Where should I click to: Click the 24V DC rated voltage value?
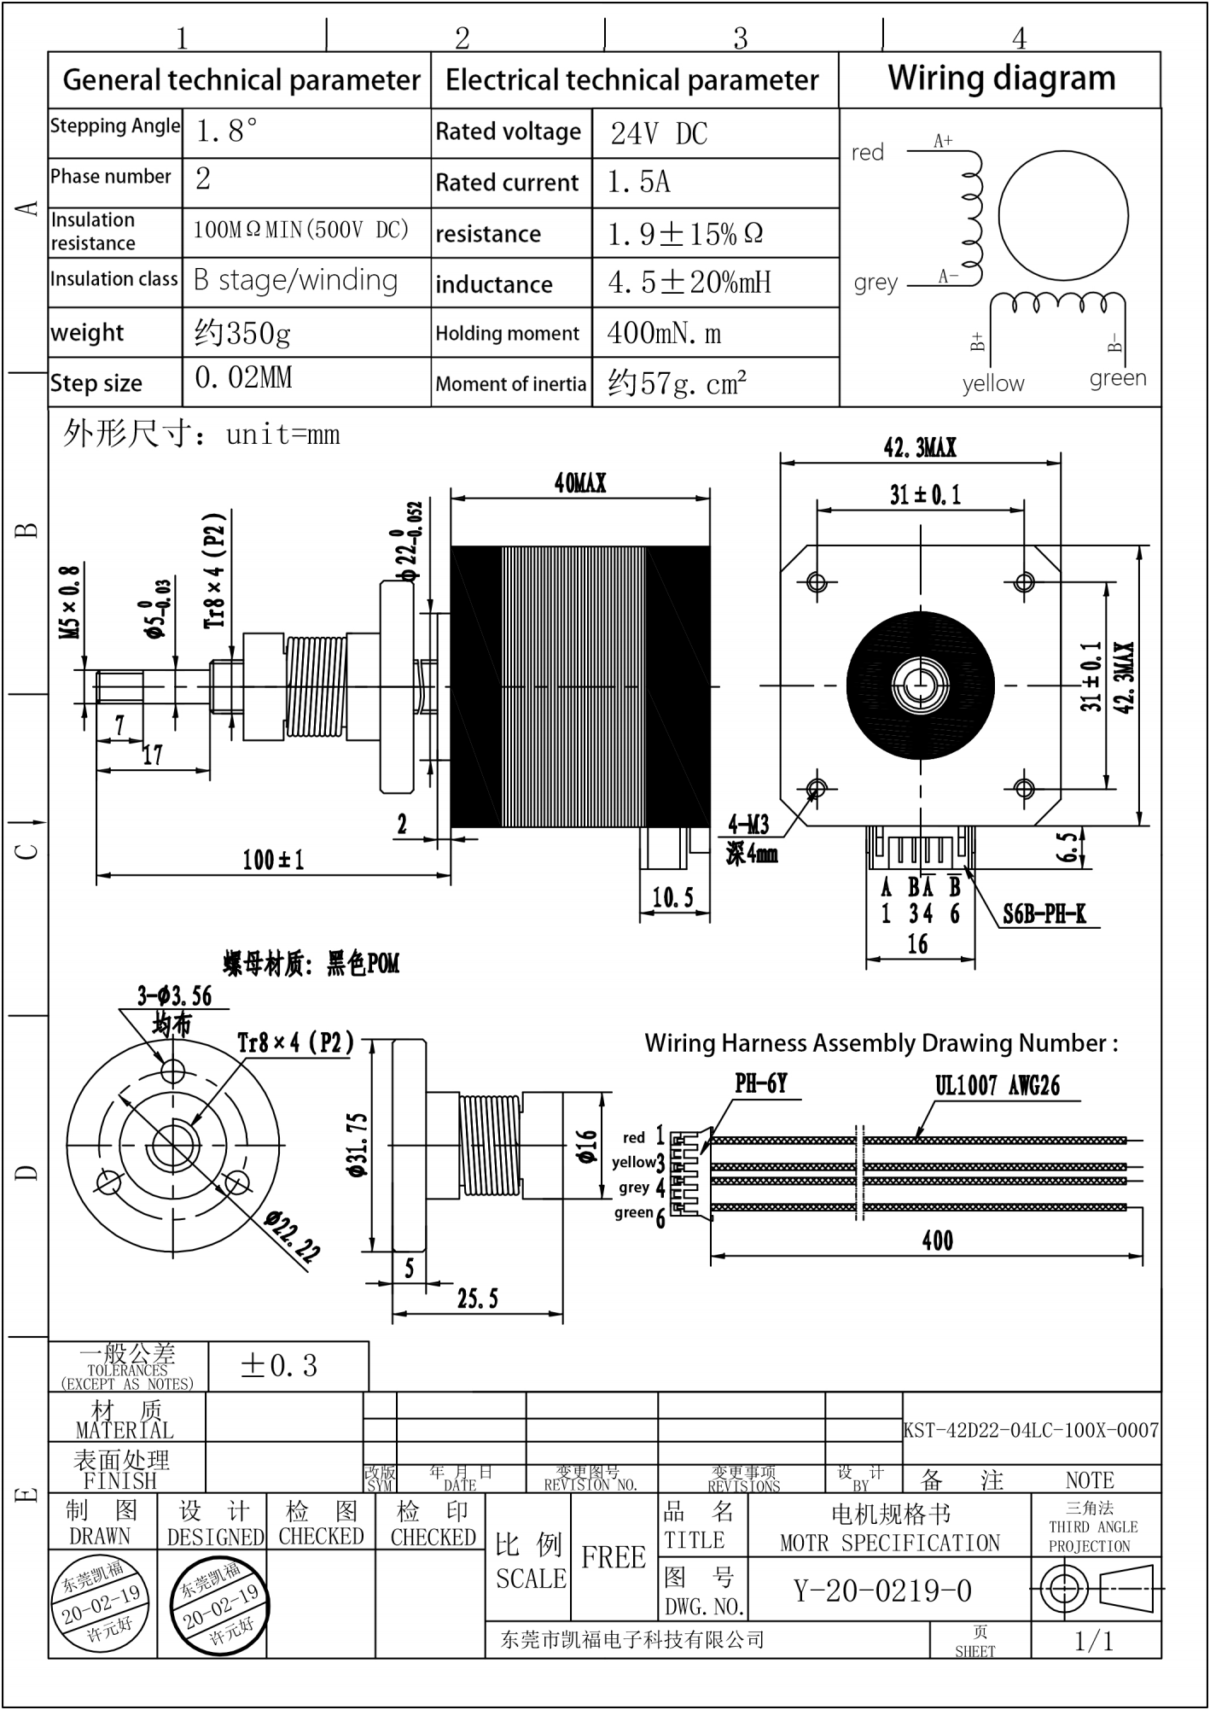click(x=659, y=134)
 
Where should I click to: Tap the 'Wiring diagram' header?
click(x=1001, y=79)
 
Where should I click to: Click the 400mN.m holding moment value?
click(x=664, y=333)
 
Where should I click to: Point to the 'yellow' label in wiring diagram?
click(x=992, y=383)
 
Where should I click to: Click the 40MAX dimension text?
click(x=580, y=484)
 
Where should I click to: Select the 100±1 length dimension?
click(x=273, y=860)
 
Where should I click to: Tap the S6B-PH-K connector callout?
click(x=1044, y=915)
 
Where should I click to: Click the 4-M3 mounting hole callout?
click(x=748, y=825)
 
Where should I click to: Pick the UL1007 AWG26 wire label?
click(x=997, y=1086)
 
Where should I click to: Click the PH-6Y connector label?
click(x=760, y=1083)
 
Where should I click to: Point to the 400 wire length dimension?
click(x=937, y=1241)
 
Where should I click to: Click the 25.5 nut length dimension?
click(x=477, y=1299)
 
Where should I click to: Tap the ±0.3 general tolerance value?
click(x=279, y=1366)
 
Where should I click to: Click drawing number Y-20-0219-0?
click(x=882, y=1590)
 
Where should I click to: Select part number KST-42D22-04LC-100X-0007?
click(x=1031, y=1430)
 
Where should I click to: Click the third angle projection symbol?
click(x=1096, y=1589)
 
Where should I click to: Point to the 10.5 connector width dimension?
click(x=672, y=897)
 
